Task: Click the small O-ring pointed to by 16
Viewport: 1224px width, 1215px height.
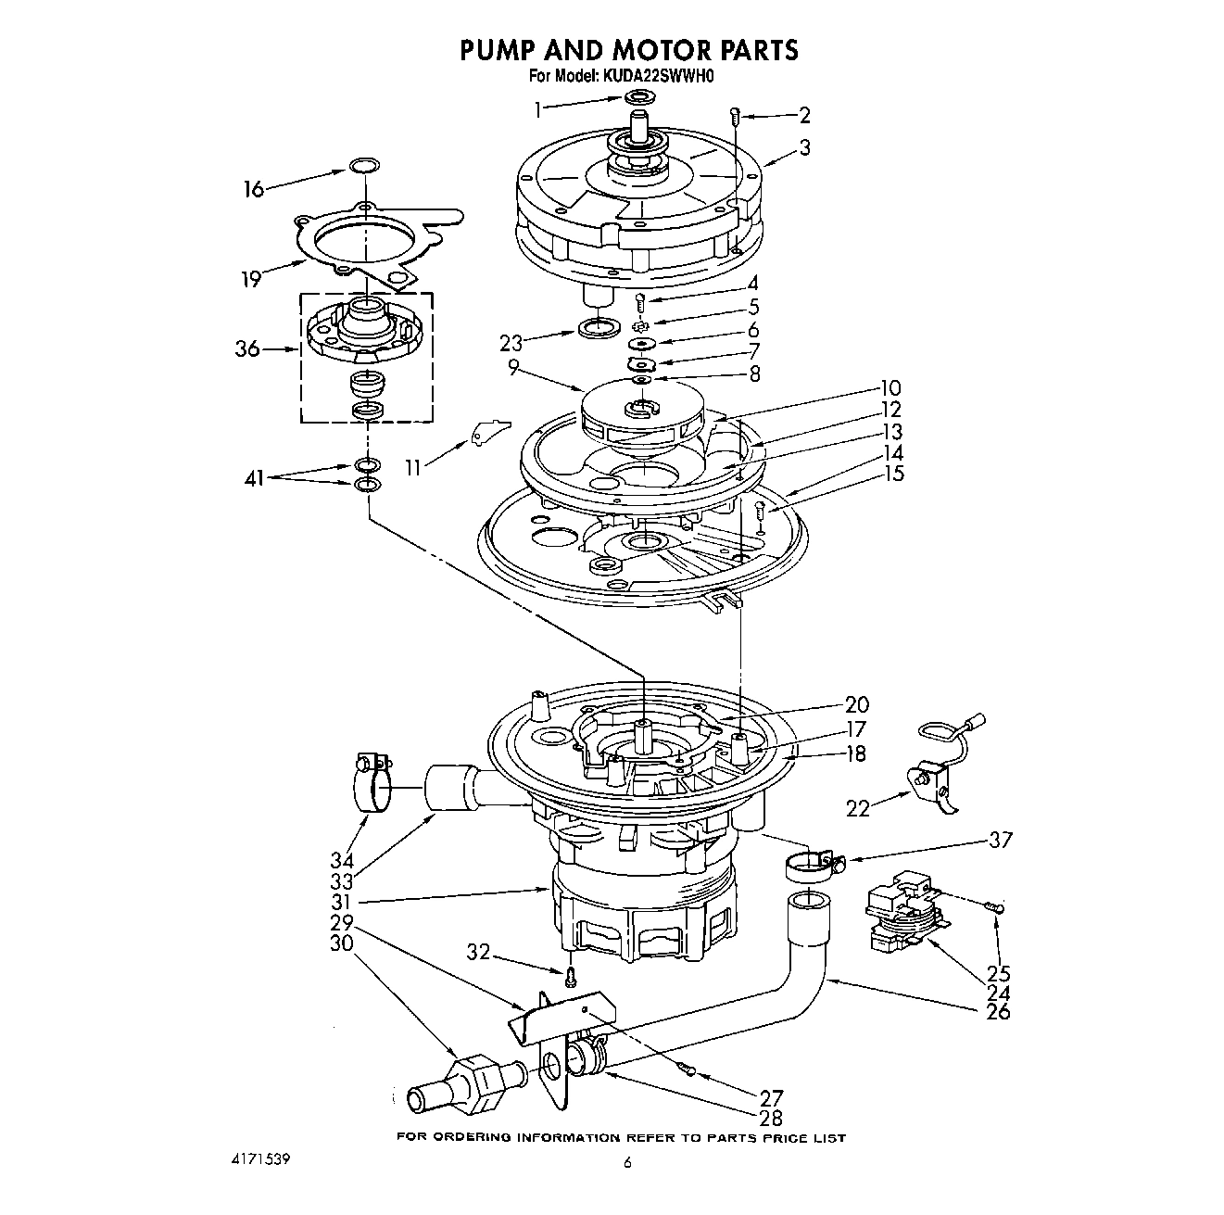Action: click(x=365, y=167)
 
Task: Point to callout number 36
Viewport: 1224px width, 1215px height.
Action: click(x=247, y=349)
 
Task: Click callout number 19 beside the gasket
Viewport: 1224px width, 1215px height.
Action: click(x=251, y=278)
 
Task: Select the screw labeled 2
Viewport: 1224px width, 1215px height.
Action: click(x=735, y=117)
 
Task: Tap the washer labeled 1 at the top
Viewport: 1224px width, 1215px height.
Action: click(x=638, y=98)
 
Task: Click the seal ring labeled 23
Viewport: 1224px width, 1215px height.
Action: click(x=598, y=327)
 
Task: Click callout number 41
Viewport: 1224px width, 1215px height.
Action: click(x=253, y=478)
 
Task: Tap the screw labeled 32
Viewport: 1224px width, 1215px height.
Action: click(x=572, y=974)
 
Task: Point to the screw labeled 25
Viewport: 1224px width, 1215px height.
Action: click(x=995, y=907)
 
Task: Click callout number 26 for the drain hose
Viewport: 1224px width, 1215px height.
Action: click(x=998, y=1011)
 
